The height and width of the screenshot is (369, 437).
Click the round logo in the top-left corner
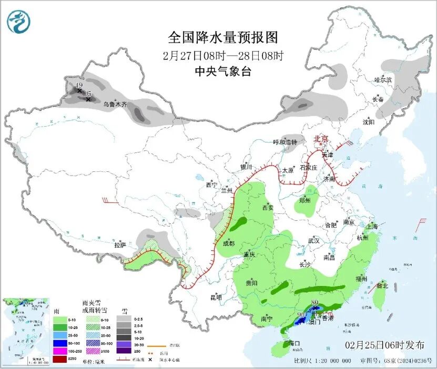pyautogui.click(x=18, y=22)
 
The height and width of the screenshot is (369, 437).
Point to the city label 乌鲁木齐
pyautogui.click(x=115, y=105)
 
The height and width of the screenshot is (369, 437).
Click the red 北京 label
pyautogui.click(x=321, y=139)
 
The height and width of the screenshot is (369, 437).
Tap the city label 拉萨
pyautogui.click(x=120, y=245)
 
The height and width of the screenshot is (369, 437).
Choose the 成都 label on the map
pyautogui.click(x=228, y=243)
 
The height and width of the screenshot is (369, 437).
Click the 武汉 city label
pyautogui.click(x=313, y=240)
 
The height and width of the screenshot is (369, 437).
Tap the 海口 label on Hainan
pyautogui.click(x=294, y=343)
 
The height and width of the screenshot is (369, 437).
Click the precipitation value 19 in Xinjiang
pyautogui.click(x=79, y=85)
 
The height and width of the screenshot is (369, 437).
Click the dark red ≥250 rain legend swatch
pyautogui.click(x=60, y=358)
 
